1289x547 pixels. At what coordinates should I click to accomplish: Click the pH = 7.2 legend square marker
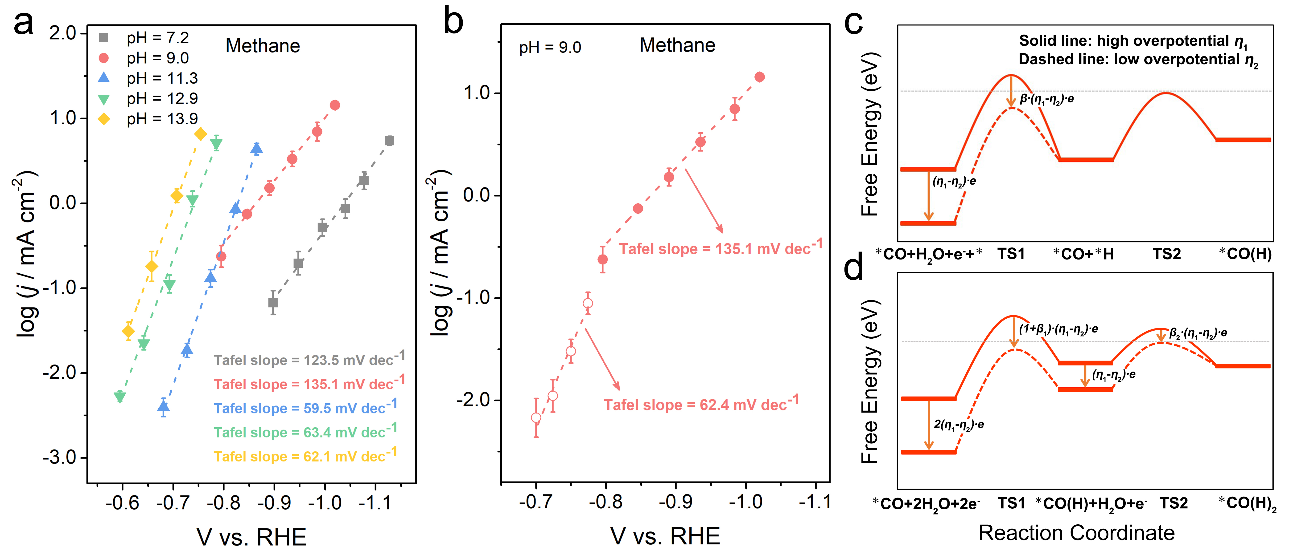(x=103, y=37)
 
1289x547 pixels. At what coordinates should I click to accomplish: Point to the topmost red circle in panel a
(x=335, y=105)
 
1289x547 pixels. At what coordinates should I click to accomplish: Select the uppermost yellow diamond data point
(x=201, y=134)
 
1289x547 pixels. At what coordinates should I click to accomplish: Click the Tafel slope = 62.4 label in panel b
(x=700, y=404)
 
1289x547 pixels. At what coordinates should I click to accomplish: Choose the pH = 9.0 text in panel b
(x=550, y=48)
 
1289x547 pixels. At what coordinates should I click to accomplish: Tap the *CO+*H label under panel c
(x=1083, y=254)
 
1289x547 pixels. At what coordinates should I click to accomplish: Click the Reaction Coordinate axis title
(x=1076, y=533)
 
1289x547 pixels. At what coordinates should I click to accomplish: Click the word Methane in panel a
(x=263, y=46)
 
